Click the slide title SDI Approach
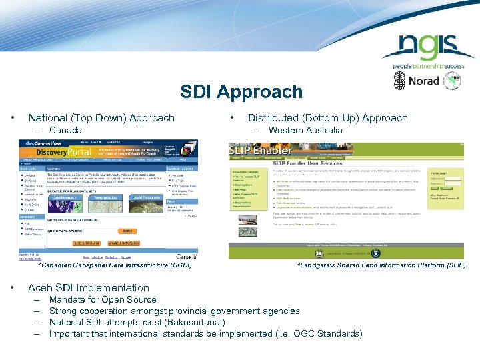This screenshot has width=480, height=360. point(241,92)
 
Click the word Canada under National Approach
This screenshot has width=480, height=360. point(65,130)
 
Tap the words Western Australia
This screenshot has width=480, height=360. point(295,130)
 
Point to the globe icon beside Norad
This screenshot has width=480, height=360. point(399,81)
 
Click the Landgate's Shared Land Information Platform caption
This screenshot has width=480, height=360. point(381,265)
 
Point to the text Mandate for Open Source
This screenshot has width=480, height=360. point(103,299)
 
